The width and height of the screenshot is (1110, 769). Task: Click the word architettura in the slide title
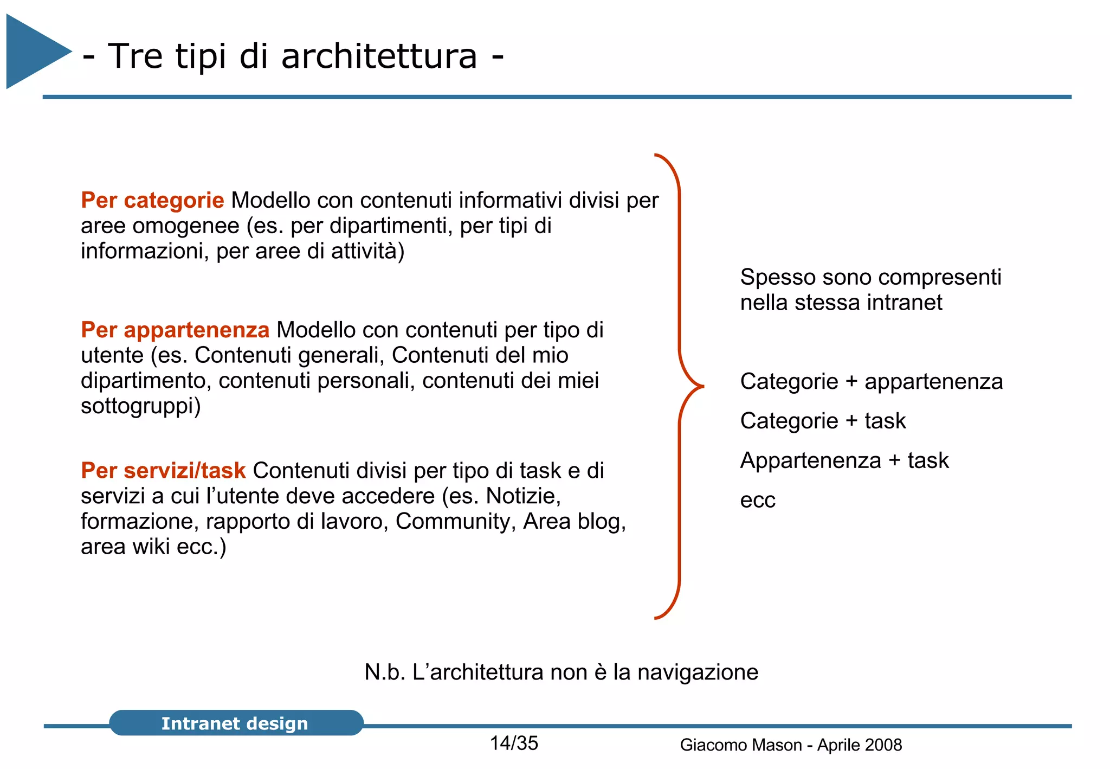pyautogui.click(x=379, y=56)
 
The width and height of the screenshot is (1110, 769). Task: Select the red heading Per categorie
pyautogui.click(x=152, y=200)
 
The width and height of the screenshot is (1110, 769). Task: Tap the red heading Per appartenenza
pyautogui.click(x=175, y=330)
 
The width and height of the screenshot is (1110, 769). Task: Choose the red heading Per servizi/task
pyautogui.click(x=163, y=470)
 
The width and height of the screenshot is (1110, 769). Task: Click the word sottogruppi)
pyautogui.click(x=140, y=406)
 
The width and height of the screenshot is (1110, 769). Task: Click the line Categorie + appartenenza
pyautogui.click(x=871, y=381)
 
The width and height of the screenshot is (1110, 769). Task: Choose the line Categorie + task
pyautogui.click(x=822, y=421)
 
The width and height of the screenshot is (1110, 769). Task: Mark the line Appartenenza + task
pyautogui.click(x=844, y=460)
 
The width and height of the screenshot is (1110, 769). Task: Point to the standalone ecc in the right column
pyautogui.click(x=757, y=500)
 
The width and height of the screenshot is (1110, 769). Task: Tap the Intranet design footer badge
pyautogui.click(x=235, y=723)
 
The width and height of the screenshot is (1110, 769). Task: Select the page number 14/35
pyautogui.click(x=514, y=744)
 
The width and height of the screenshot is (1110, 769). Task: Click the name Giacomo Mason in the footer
pyautogui.click(x=740, y=745)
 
